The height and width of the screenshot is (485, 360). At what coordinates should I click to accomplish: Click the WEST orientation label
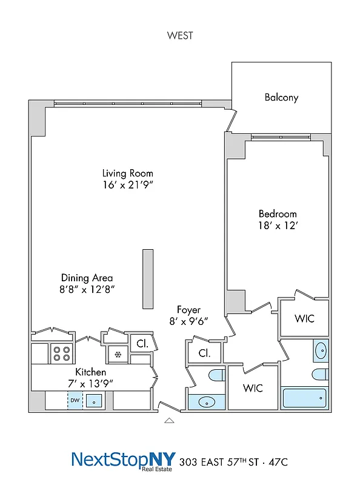point(180,35)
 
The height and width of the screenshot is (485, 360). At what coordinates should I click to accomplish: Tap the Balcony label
point(281,97)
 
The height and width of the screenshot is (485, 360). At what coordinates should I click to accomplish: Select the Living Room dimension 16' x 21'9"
point(127,185)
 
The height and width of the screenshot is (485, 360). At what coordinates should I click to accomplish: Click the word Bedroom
point(278,213)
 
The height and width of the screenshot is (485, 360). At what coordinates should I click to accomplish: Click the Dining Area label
point(86,278)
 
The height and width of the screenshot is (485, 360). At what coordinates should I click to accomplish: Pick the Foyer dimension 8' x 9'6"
point(188,322)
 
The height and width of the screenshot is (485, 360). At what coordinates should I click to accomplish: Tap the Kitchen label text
point(91,371)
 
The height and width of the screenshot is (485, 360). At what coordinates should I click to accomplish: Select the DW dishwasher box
point(75,400)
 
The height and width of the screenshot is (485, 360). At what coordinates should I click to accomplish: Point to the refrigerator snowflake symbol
point(118,353)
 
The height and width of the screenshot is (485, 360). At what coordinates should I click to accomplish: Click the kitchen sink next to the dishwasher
point(94,400)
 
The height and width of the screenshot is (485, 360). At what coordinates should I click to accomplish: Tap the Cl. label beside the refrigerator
point(142,343)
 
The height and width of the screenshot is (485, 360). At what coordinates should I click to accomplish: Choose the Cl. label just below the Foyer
point(201,352)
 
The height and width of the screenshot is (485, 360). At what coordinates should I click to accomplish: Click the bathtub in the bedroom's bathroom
point(305,398)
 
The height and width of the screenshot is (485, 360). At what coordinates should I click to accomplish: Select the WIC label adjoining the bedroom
point(304,318)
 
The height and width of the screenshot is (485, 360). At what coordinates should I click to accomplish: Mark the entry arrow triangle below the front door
point(170,419)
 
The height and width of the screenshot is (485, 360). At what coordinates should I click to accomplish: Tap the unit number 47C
point(276,462)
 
